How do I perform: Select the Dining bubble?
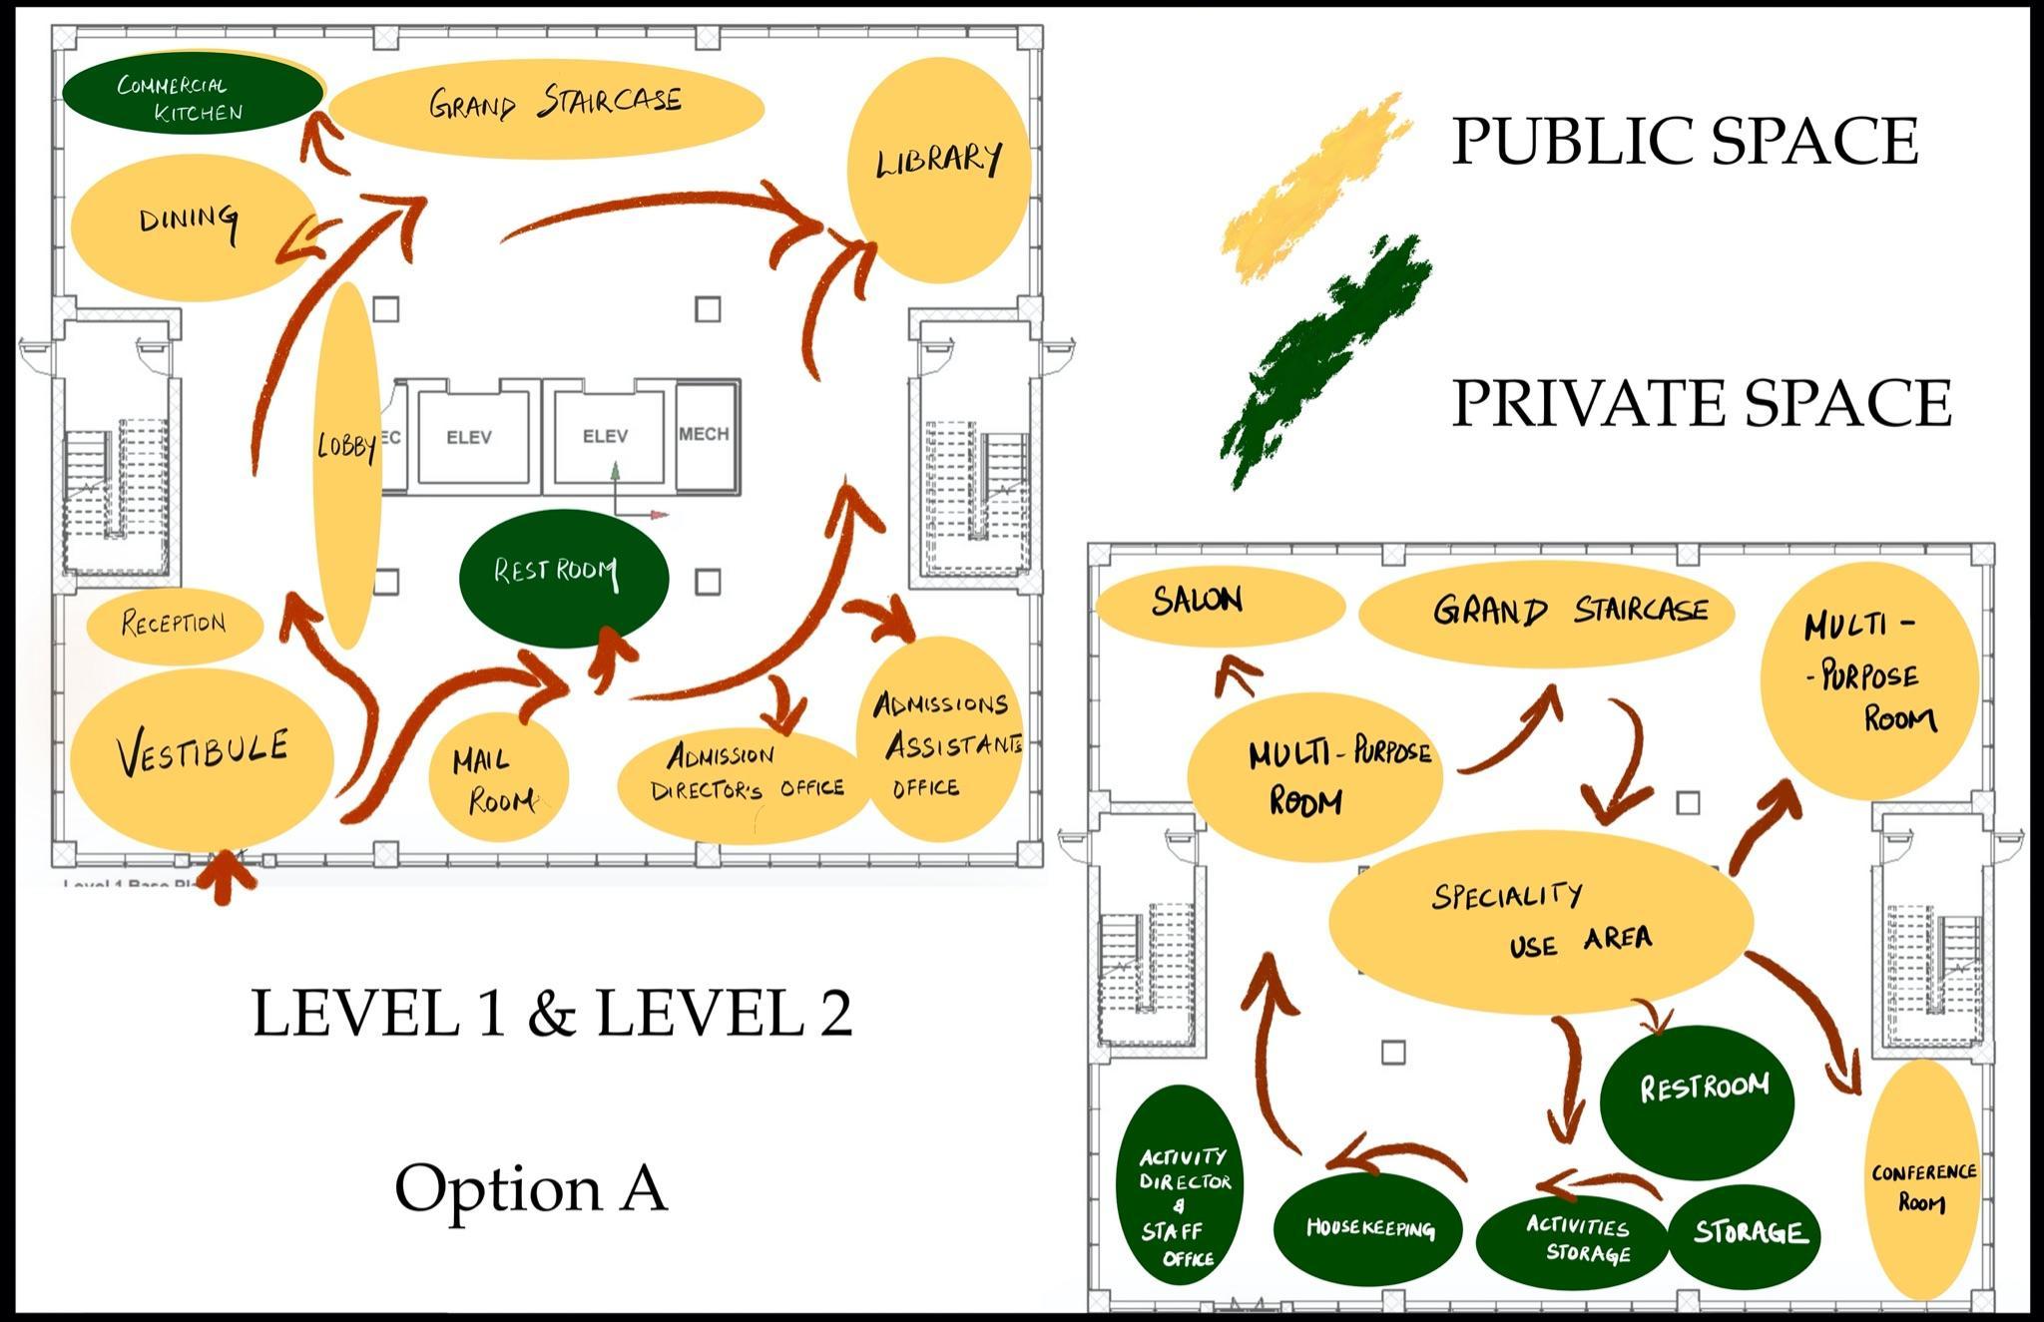click(x=190, y=227)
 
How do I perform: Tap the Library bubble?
click(x=938, y=170)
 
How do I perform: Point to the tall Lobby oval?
click(x=346, y=464)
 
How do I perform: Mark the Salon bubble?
click(x=1219, y=606)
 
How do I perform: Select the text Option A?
click(x=531, y=1187)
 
